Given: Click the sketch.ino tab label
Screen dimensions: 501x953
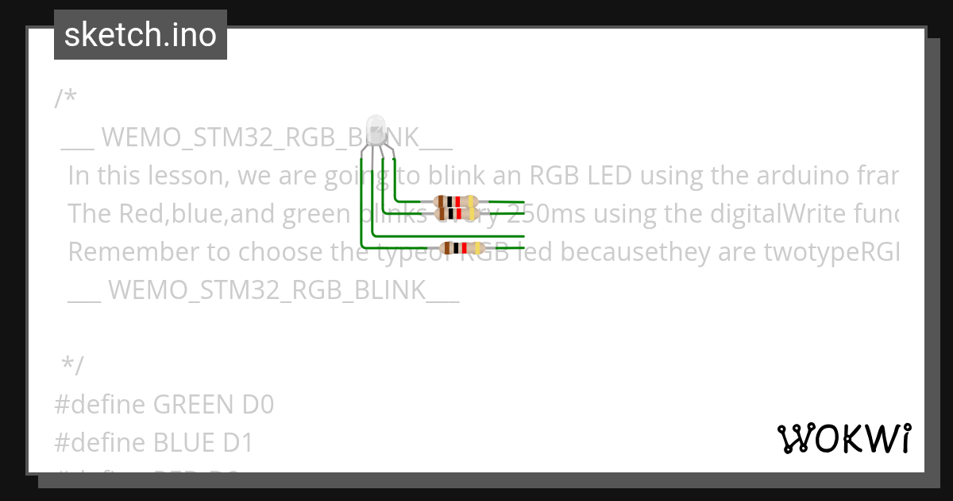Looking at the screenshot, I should [x=140, y=35].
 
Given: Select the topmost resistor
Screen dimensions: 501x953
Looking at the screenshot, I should [x=455, y=202].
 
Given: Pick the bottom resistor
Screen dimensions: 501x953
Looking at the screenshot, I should [x=462, y=248].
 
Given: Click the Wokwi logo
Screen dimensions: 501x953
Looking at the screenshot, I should [x=843, y=438].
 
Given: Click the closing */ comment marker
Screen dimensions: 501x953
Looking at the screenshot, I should [x=72, y=365].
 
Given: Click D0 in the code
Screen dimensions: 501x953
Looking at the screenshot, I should [x=258, y=405].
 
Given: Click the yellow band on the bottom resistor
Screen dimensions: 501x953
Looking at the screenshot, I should [x=476, y=248].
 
